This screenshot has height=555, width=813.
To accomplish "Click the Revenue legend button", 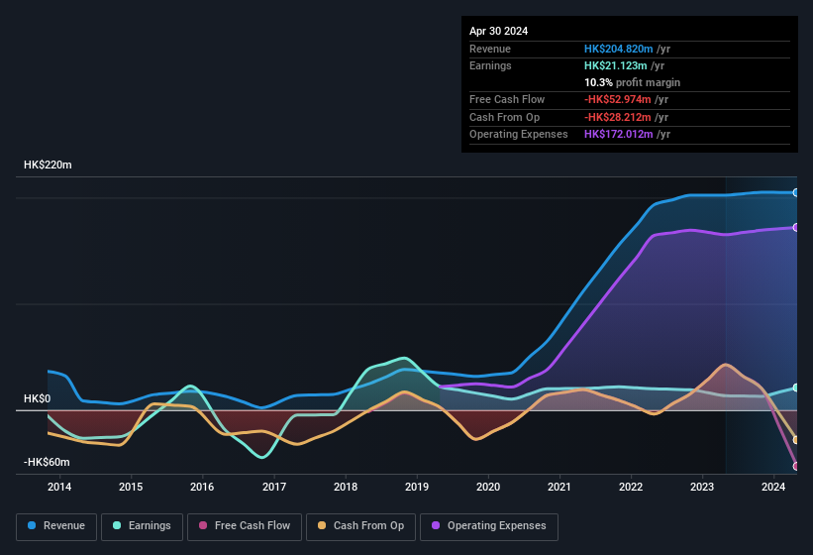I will pos(56,526).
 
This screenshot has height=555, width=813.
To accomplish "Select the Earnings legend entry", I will pos(142,526).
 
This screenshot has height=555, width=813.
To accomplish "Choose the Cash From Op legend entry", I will pos(360,526).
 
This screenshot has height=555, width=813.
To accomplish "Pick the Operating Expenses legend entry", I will pos(488,526).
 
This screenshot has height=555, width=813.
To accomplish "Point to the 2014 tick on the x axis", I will pos(59,487).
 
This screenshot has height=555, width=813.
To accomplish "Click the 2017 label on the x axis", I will pos(274,487).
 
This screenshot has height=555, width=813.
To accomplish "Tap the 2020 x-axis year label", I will pos(488,487).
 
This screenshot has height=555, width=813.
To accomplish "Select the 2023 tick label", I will pos(702,487).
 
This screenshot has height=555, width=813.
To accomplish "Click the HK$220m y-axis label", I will pos(48,165).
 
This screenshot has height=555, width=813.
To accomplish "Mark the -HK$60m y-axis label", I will pos(47,462).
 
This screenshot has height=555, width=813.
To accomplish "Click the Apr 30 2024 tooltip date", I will pos(498,31).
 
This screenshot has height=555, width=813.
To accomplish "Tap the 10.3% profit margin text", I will pos(632,82).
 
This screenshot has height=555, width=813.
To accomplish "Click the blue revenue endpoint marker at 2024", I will pos(795,192).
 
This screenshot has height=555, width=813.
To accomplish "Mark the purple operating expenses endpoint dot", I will pos(795,228).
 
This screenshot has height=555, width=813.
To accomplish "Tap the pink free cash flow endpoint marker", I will pos(795,466).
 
